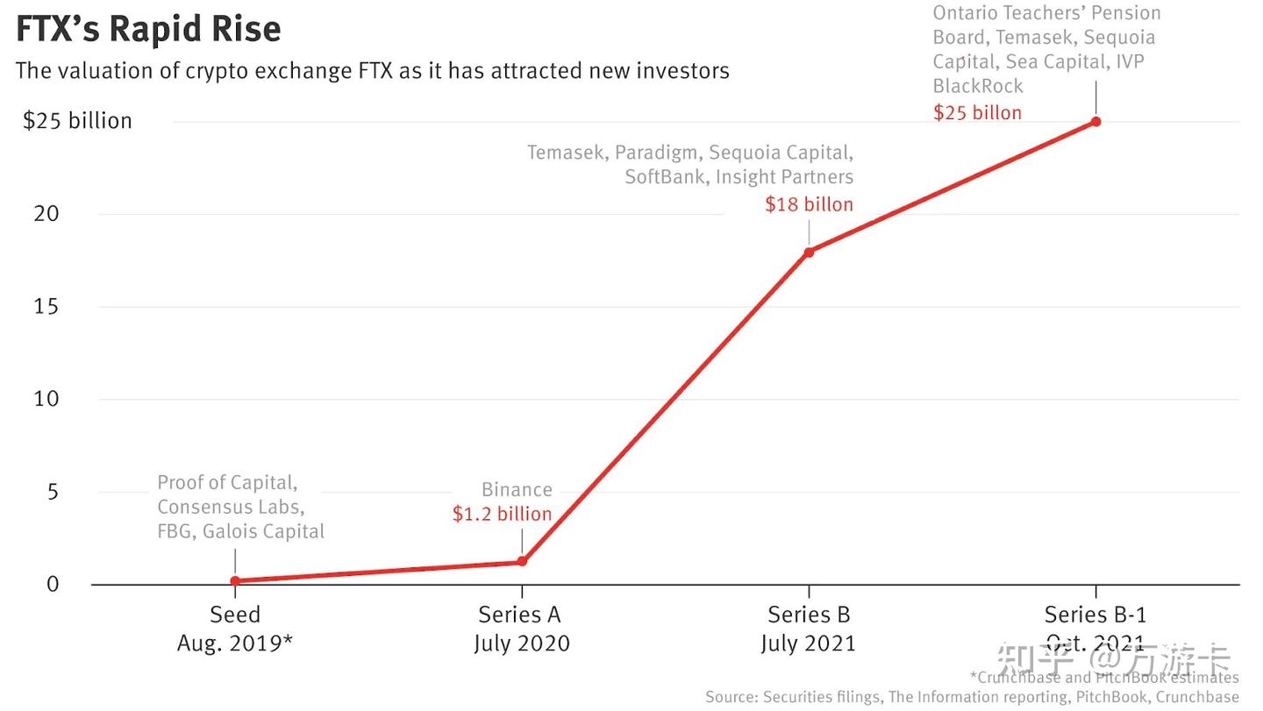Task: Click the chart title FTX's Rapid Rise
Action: pos(148,29)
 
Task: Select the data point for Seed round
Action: pos(235,580)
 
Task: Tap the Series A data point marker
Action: pos(522,561)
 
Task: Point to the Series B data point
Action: pos(809,252)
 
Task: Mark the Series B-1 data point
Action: pos(1095,122)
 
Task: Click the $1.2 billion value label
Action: pos(502,514)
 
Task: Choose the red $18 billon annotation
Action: pos(809,204)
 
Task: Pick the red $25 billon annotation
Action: pos(977,112)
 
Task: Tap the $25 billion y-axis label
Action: pos(77,121)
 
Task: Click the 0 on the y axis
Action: pos(53,584)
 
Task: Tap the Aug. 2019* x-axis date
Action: pos(235,643)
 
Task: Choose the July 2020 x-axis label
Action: pos(522,643)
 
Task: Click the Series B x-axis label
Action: pos(809,615)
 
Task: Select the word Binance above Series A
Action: pos(517,490)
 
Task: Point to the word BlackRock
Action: pos(978,86)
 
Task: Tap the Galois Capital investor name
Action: pos(263,531)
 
